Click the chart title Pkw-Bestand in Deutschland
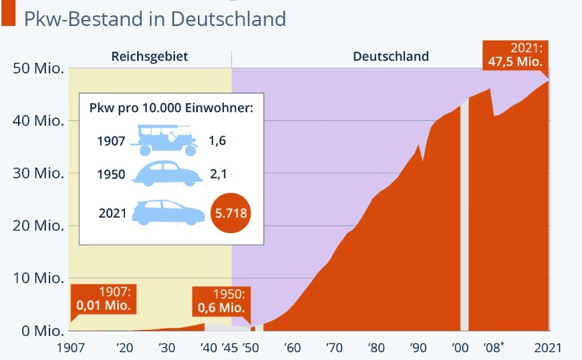tap(154, 18)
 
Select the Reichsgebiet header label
tap(150, 57)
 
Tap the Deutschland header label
tap(391, 57)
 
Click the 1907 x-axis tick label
tap(71, 348)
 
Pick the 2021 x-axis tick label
tap(547, 348)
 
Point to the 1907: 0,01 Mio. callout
tap(104, 299)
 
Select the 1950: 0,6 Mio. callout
tap(222, 301)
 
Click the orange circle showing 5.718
tap(230, 214)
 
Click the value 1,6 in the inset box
tap(217, 140)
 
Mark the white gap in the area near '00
tap(464, 214)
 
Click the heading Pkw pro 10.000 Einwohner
tap(171, 108)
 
